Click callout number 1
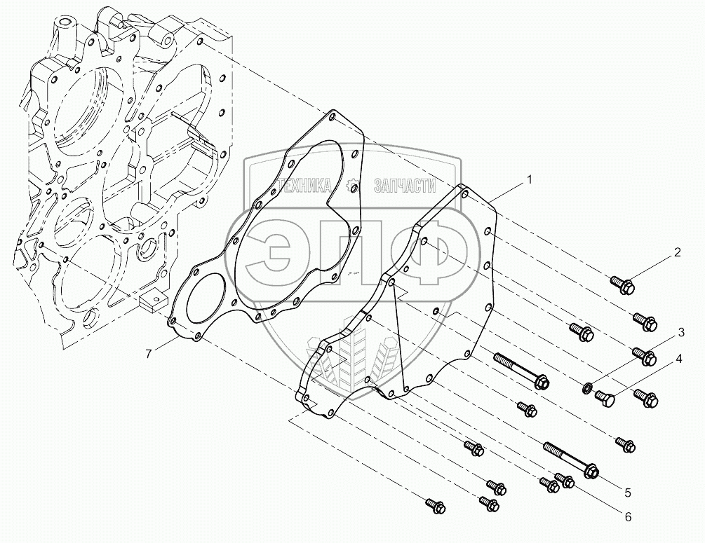(530, 180)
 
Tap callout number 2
(678, 253)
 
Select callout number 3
(680, 330)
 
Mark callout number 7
(149, 354)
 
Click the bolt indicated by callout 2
(624, 284)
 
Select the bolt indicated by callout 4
(605, 399)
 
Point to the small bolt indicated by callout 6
(565, 480)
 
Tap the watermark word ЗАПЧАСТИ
(405, 186)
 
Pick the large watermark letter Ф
(421, 252)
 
